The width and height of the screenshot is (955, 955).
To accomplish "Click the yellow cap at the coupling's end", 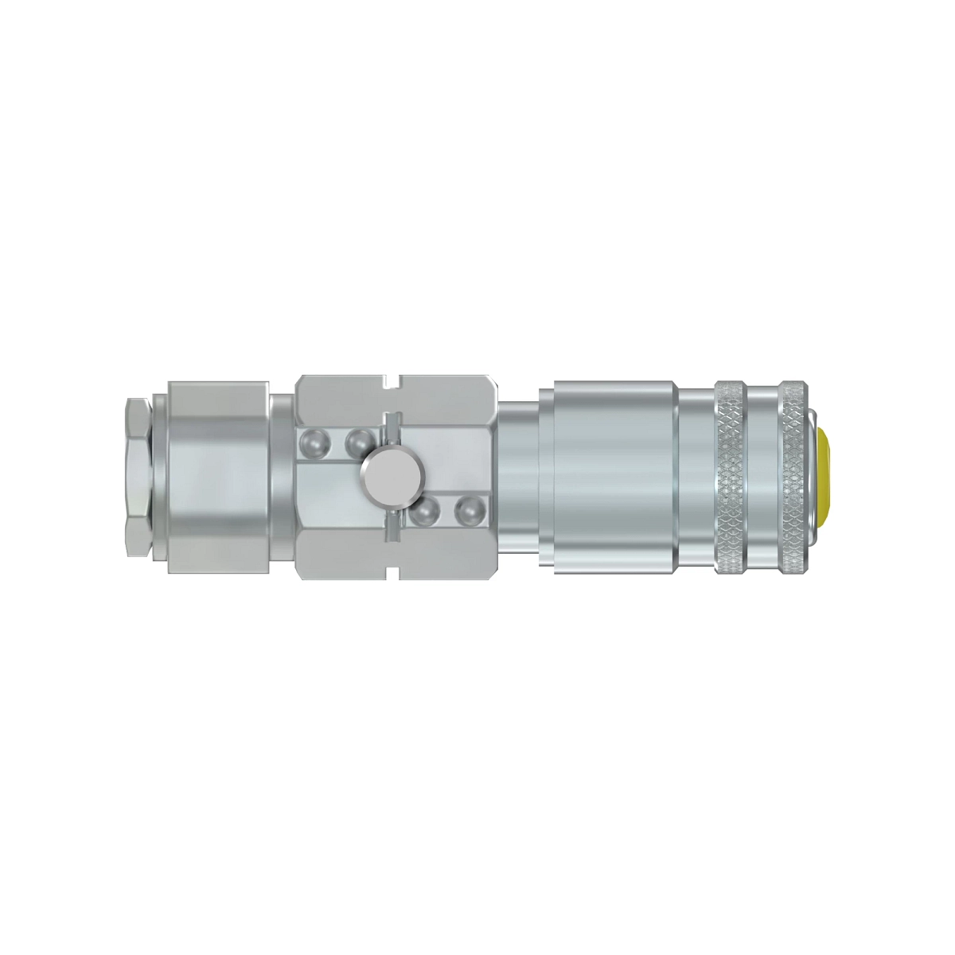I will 824,477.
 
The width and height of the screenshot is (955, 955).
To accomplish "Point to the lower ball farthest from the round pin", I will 466,512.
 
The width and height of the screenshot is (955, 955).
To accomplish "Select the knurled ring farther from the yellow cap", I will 731,477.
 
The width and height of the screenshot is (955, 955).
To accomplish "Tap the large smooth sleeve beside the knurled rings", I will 609,477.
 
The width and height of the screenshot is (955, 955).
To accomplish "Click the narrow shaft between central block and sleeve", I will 517,477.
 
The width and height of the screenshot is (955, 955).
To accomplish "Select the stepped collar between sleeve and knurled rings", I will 696,477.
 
